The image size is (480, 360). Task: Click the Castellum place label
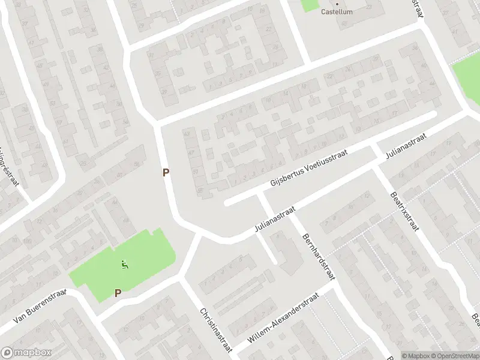point(337,11)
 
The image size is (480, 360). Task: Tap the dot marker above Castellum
point(337,3)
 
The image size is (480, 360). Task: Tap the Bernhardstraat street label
point(317,257)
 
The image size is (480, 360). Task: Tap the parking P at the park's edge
point(118,293)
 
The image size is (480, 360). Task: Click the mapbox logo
point(26,352)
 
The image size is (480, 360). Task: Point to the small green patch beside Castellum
point(310,5)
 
